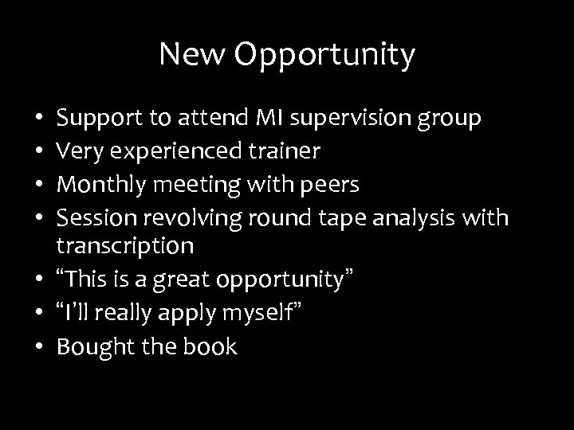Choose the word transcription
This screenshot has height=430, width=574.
click(x=124, y=246)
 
